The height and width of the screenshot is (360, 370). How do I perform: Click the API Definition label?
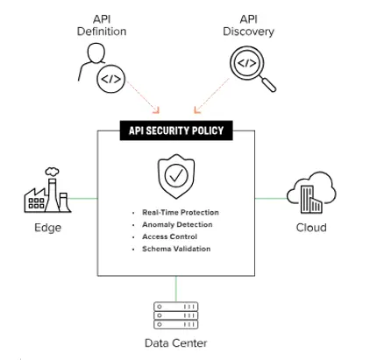(x=102, y=25)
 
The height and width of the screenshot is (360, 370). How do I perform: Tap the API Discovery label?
(x=248, y=25)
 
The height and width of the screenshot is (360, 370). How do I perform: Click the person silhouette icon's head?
(x=96, y=53)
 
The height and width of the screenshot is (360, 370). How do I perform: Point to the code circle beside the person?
(x=111, y=79)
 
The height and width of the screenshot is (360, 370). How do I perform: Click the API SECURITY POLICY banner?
(x=176, y=131)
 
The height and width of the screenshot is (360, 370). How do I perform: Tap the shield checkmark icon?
(x=176, y=176)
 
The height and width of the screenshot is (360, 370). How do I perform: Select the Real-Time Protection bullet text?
(x=181, y=212)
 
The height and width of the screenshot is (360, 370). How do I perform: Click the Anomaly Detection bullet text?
(x=177, y=224)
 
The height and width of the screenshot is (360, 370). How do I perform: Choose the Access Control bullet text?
(x=169, y=236)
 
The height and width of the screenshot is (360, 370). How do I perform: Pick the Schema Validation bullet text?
(x=176, y=249)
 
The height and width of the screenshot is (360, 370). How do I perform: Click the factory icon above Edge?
(x=47, y=190)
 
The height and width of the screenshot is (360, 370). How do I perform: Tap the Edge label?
(x=48, y=228)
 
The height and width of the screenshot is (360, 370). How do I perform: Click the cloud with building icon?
(x=311, y=193)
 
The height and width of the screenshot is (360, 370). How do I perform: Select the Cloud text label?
(x=311, y=228)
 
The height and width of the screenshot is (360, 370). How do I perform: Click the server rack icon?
(x=176, y=315)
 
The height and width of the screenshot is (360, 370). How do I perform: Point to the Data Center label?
(x=176, y=342)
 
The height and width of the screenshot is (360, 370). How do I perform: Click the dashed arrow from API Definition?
(x=143, y=96)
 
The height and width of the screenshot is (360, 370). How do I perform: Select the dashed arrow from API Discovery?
(x=211, y=95)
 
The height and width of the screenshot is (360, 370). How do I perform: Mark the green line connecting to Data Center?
(x=176, y=289)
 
